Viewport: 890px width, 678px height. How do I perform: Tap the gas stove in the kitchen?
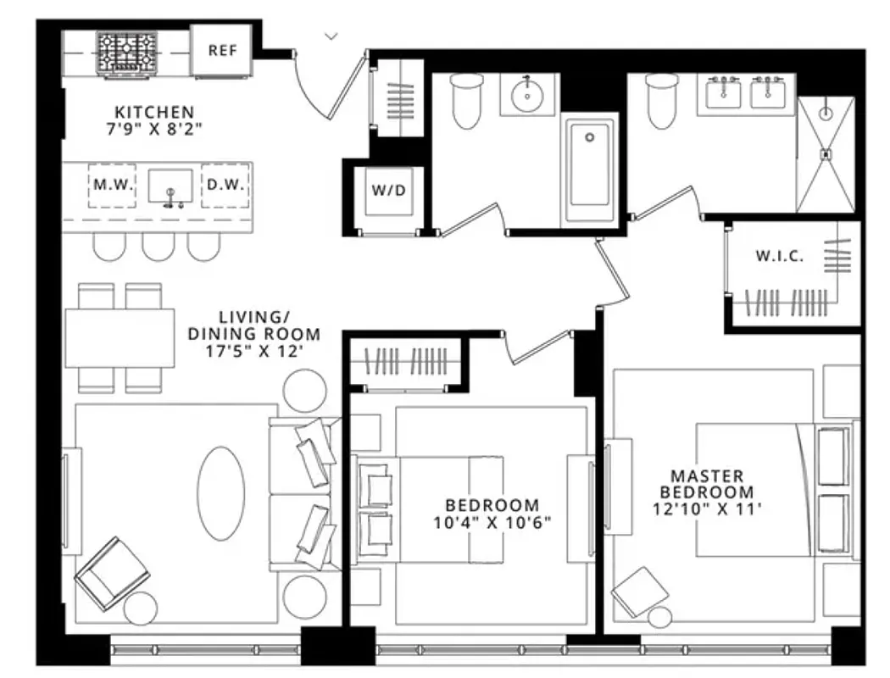(x=127, y=53)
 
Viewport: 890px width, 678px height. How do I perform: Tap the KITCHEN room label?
(x=154, y=112)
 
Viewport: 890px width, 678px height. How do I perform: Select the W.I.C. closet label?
(x=779, y=256)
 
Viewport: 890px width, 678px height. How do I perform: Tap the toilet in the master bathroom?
(x=661, y=101)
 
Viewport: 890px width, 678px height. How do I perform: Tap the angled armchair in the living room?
(x=113, y=572)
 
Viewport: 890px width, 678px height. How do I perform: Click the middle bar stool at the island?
(x=159, y=246)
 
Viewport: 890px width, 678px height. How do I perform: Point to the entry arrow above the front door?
(x=331, y=36)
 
